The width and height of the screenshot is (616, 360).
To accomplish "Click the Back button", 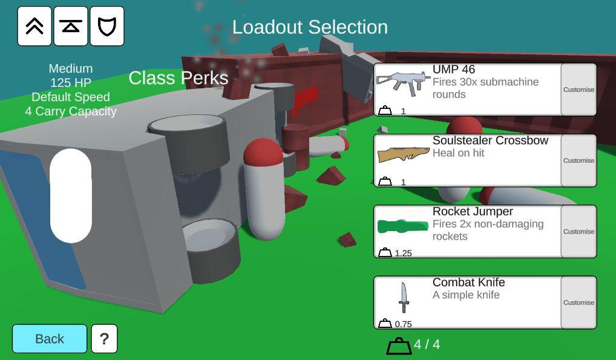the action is (50, 338).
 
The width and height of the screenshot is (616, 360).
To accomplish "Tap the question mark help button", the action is (104, 338).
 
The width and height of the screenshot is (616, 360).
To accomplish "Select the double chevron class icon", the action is (34, 26).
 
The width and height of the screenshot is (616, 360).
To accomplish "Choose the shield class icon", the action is (107, 26).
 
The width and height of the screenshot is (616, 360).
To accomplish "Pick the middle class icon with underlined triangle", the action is (71, 26).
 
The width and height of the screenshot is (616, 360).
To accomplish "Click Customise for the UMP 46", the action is (578, 90).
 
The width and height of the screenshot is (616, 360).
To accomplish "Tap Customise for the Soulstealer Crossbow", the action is (578, 160).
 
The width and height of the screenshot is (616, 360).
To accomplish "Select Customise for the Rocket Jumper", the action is (578, 232).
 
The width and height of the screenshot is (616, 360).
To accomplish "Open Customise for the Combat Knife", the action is (578, 303).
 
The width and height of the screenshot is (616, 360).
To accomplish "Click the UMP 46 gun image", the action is (402, 83).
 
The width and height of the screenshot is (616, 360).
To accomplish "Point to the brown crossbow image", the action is (403, 154).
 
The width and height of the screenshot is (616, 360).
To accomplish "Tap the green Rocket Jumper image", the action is (402, 226).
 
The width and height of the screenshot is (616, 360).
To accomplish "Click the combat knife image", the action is (404, 298).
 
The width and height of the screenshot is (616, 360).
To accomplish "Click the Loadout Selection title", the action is (310, 27).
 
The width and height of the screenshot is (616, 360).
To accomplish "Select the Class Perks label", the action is (179, 78).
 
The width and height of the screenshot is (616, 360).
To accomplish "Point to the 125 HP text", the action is (71, 82).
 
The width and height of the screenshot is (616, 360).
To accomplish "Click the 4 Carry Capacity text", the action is (71, 111).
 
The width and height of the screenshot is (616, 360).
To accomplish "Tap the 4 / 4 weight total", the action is (427, 344).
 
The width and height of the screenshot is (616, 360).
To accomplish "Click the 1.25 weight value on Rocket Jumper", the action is (404, 253).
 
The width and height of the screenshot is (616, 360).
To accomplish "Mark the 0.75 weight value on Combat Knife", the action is (404, 324).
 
